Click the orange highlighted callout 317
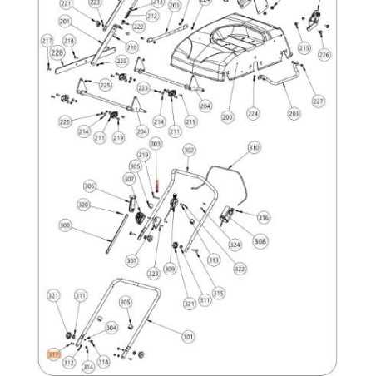point(54,353)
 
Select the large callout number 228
point(57,53)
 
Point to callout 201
point(65,22)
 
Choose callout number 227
point(318,101)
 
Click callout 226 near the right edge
point(324,54)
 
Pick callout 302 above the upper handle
point(189,151)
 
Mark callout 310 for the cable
point(254,147)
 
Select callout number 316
point(263,218)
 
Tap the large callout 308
point(260,241)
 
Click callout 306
point(90,187)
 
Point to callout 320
point(83,205)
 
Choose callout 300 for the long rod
point(65,225)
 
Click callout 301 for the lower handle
point(188,337)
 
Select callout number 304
point(111,328)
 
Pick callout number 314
point(87,367)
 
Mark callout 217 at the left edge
point(47,40)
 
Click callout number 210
point(131,48)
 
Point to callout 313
point(214,260)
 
